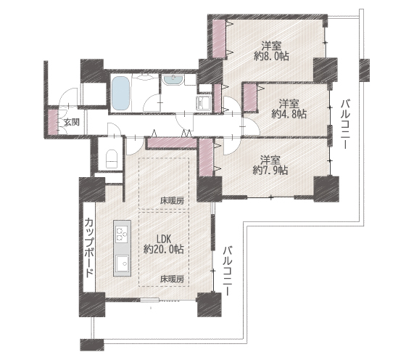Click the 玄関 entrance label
72,123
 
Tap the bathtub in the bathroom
120,93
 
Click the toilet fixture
112,159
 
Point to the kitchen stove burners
123,234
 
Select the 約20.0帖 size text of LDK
164,249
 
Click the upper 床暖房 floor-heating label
172,201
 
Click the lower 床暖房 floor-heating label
172,279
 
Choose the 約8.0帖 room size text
271,56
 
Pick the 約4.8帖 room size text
289,114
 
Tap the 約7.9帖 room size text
270,171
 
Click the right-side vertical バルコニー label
346,124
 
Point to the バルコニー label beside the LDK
228,271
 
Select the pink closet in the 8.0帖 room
219,38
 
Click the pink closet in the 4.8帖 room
250,97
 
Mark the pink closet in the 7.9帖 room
206,157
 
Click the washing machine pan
204,102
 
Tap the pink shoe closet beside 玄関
53,122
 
